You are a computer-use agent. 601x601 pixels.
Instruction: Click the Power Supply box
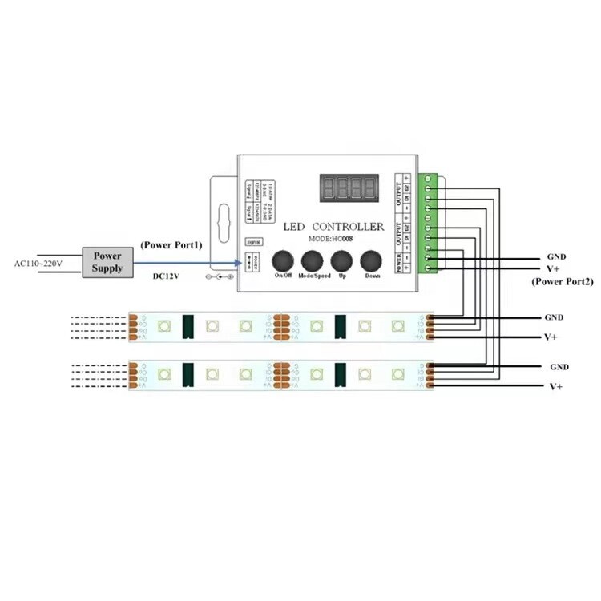pos(107,262)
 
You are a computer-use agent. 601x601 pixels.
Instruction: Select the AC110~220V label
pos(39,263)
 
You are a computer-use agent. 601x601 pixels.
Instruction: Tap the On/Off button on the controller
pos(283,262)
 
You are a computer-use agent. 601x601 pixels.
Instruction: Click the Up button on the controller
pos(342,262)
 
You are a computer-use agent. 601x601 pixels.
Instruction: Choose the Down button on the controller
pos(372,262)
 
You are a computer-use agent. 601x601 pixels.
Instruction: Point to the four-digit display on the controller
pos(349,189)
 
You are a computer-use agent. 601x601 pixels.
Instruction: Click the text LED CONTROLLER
pos(334,227)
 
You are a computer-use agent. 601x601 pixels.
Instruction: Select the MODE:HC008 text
pos(331,239)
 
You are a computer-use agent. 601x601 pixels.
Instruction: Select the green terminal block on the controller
pos(431,222)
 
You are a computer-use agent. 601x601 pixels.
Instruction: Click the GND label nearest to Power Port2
pos(556,256)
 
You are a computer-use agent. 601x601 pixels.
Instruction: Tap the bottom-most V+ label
pos(555,386)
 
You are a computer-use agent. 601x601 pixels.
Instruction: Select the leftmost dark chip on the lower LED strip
pos(188,373)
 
